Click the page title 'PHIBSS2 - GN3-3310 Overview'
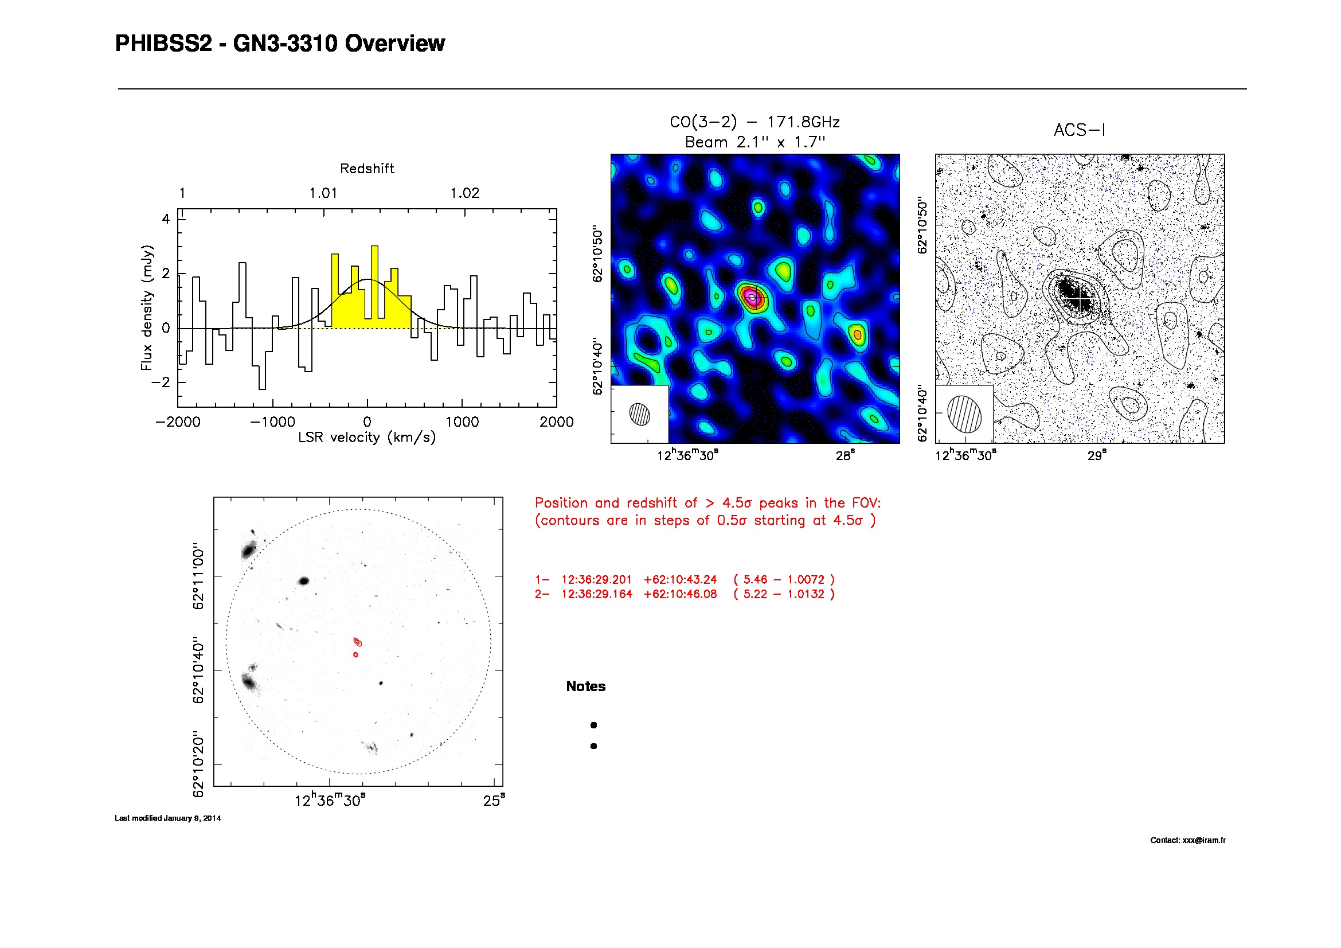coord(280,44)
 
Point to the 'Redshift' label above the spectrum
coord(367,169)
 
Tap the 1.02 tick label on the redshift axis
coord(464,193)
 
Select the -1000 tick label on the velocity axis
coord(272,422)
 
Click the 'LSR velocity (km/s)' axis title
coord(367,438)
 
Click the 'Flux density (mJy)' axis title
coord(147,307)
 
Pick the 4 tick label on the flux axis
coord(166,219)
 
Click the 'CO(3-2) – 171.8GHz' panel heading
coord(754,122)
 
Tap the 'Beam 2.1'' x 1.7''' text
coord(754,142)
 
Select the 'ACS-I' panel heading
coord(1080,130)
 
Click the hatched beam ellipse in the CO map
coord(640,413)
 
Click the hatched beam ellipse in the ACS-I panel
coord(964,413)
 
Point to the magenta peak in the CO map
coord(752,297)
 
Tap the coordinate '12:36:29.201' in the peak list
coord(596,579)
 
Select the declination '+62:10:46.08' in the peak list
coord(680,594)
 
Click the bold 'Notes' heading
coord(585,686)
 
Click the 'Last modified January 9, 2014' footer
coord(167,818)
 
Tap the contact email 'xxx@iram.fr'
coord(1204,841)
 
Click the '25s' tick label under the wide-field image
coord(494,800)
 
